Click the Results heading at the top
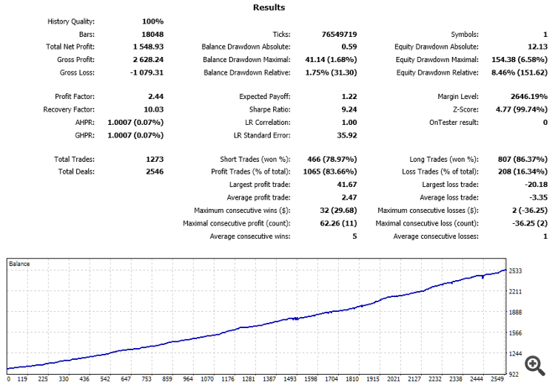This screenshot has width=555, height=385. (x=269, y=7)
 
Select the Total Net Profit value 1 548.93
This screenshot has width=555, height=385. (x=147, y=47)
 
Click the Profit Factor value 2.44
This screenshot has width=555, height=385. (x=155, y=97)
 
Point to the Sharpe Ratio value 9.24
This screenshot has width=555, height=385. (x=348, y=109)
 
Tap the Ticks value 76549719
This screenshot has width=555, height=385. (x=339, y=34)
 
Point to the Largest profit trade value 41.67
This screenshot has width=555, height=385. (x=347, y=185)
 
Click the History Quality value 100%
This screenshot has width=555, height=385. (x=152, y=21)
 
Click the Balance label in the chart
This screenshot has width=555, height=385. (x=19, y=263)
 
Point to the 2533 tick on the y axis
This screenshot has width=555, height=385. (x=516, y=271)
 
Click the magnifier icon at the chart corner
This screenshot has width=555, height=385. (x=533, y=363)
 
